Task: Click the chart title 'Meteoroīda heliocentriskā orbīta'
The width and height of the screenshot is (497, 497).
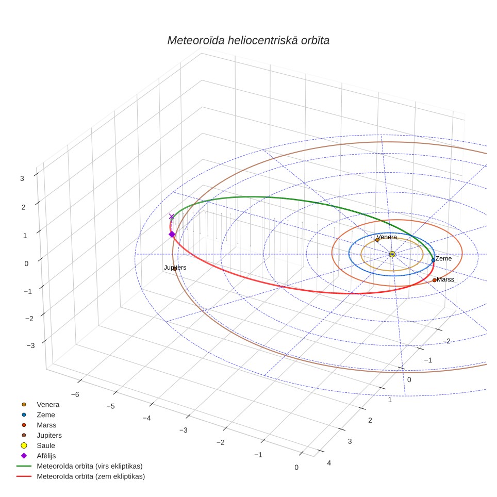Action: [248, 41]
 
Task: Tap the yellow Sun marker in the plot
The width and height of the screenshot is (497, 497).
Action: [392, 254]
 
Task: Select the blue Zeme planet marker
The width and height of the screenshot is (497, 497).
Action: [433, 260]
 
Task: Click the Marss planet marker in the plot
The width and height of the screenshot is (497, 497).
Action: [434, 280]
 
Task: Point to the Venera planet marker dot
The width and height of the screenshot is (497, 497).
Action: [377, 240]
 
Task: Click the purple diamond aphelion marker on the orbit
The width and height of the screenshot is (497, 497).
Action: [172, 235]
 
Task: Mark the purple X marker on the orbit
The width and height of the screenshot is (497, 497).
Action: [172, 217]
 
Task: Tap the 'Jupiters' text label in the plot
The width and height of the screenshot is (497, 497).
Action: [175, 268]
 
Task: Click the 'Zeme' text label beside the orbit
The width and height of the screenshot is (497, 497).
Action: [443, 259]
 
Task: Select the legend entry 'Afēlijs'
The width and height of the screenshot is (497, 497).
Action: [46, 456]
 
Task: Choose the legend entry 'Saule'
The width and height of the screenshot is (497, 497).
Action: [46, 445]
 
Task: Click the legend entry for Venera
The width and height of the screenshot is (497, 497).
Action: [48, 405]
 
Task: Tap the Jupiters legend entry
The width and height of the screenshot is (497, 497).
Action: [49, 436]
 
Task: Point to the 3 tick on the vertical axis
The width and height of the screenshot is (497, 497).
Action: [22, 178]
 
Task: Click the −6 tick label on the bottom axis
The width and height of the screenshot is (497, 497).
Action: [75, 394]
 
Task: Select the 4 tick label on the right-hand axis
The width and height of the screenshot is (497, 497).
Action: [329, 463]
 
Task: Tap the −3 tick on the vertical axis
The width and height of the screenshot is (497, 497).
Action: [31, 345]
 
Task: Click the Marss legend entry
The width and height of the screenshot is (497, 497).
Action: [46, 425]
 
